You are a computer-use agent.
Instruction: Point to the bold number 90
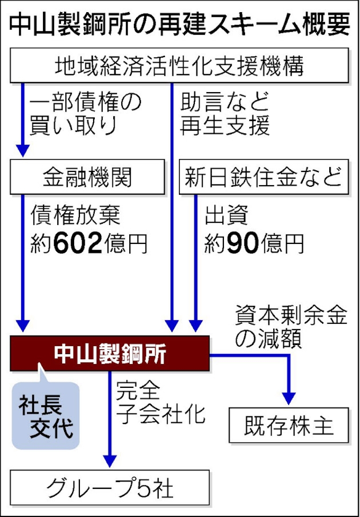242,243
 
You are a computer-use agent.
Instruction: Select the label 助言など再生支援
224,114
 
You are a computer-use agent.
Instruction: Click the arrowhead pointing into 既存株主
289,399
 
